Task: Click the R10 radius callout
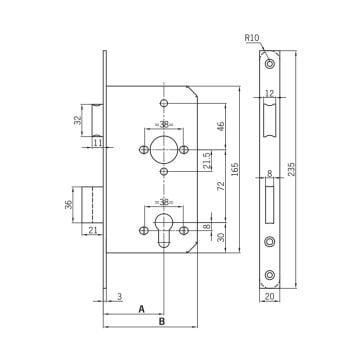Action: click(x=252, y=38)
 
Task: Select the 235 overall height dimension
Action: click(x=291, y=170)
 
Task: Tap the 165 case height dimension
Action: click(x=235, y=170)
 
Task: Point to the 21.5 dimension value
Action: click(x=207, y=161)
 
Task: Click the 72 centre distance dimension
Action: click(x=220, y=187)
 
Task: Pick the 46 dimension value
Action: click(x=220, y=126)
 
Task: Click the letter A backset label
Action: click(x=142, y=309)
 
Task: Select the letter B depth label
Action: click(x=162, y=322)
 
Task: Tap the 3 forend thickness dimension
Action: click(x=119, y=297)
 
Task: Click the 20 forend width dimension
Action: click(x=269, y=297)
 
